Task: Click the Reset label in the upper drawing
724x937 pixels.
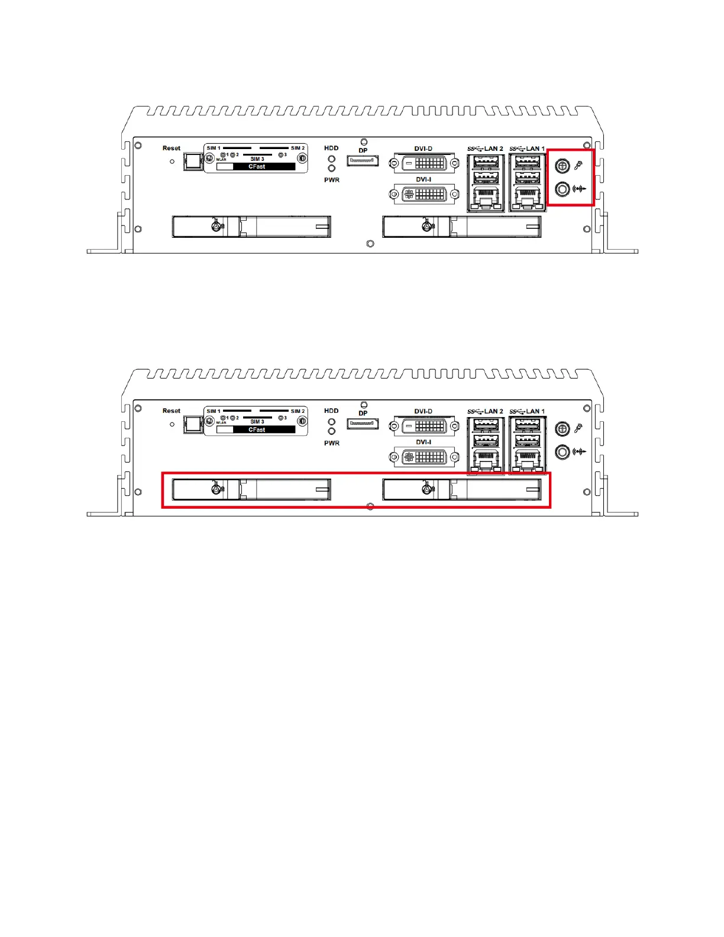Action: coord(172,148)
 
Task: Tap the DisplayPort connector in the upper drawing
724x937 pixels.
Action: coord(363,160)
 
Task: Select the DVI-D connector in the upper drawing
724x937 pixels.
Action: coord(424,162)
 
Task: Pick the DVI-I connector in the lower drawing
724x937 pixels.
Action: coord(424,457)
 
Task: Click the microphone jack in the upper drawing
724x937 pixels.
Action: coord(563,167)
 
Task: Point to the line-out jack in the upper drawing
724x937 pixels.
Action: coord(563,189)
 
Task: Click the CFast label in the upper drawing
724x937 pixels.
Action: coord(256,167)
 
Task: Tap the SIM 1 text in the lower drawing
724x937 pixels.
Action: coord(214,411)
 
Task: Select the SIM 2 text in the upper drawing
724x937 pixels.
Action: coord(298,148)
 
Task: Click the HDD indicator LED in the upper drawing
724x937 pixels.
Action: coord(332,159)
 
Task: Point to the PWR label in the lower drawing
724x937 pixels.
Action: coord(332,443)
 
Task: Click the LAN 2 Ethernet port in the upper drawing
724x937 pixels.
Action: coord(486,200)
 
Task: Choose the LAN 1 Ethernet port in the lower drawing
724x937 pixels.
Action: coord(527,462)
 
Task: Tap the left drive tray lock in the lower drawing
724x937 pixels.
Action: coord(217,489)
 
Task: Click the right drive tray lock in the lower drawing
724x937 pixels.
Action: coord(427,489)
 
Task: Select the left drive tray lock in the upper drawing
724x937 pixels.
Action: coord(217,225)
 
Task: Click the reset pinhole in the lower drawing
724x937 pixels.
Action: coord(172,424)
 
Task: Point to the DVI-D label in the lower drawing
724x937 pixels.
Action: coord(424,411)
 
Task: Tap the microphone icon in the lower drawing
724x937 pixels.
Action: coord(579,428)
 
